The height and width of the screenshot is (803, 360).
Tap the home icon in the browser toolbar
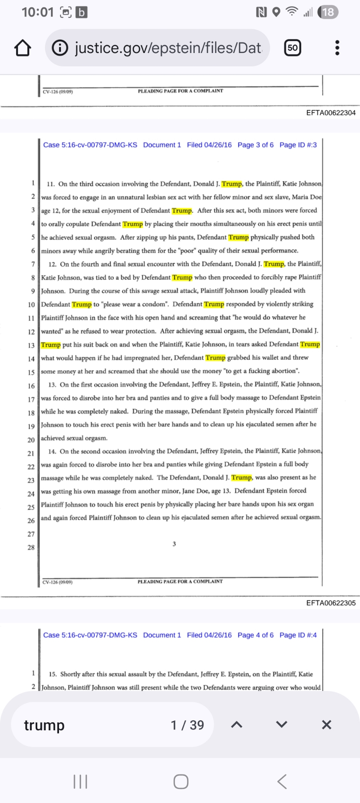point(22,48)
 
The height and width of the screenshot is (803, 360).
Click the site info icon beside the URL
point(60,48)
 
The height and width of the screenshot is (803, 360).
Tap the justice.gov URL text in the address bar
point(168,48)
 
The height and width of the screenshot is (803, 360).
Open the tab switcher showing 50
point(293,48)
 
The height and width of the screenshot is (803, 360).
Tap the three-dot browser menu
point(337,48)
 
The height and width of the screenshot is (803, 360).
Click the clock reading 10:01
point(38,12)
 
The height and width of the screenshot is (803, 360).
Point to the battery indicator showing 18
point(328,12)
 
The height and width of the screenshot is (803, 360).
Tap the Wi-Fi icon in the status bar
point(292,12)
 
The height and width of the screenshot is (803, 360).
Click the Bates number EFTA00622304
point(331,113)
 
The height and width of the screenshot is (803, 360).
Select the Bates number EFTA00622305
point(331,603)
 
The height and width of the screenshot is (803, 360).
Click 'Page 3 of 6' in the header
point(255,145)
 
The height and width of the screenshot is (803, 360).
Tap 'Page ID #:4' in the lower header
point(298,635)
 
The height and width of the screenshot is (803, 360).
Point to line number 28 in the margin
point(31,547)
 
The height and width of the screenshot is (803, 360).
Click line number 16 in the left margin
point(31,386)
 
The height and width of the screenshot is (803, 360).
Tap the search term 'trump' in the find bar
point(44,725)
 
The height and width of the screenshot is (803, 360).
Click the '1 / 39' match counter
point(187,725)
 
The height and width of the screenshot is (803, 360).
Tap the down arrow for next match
point(282,725)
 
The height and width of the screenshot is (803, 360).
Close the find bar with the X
point(327,725)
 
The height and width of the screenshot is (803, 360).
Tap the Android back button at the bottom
point(282,782)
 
